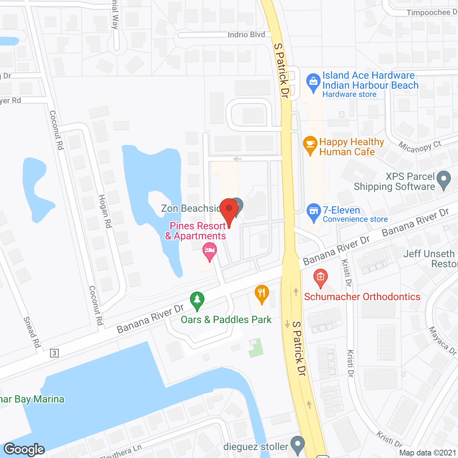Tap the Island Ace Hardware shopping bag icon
click(313, 82)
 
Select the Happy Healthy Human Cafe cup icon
click(310, 145)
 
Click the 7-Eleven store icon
click(314, 211)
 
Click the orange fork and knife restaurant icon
click(262, 293)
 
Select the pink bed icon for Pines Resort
click(209, 250)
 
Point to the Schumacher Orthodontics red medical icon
click(320, 277)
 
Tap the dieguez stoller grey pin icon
click(297, 445)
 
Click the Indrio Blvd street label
click(246, 35)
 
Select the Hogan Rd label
click(105, 211)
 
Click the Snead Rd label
click(32, 332)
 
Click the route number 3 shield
click(54, 353)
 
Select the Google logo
click(24, 449)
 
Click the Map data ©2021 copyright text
click(428, 453)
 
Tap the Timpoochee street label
click(431, 13)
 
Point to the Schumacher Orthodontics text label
click(362, 297)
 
